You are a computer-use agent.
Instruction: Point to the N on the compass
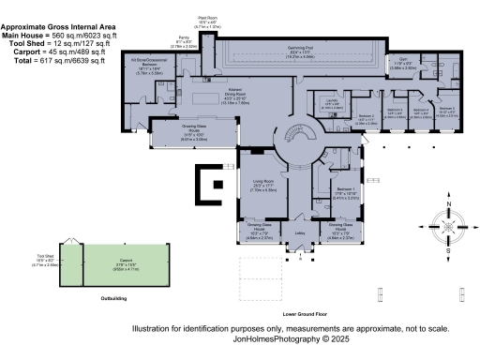click(448, 204)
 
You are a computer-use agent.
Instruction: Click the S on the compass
click(448, 251)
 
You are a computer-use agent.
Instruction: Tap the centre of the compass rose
click(448, 228)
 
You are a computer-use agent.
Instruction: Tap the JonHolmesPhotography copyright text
click(291, 339)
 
